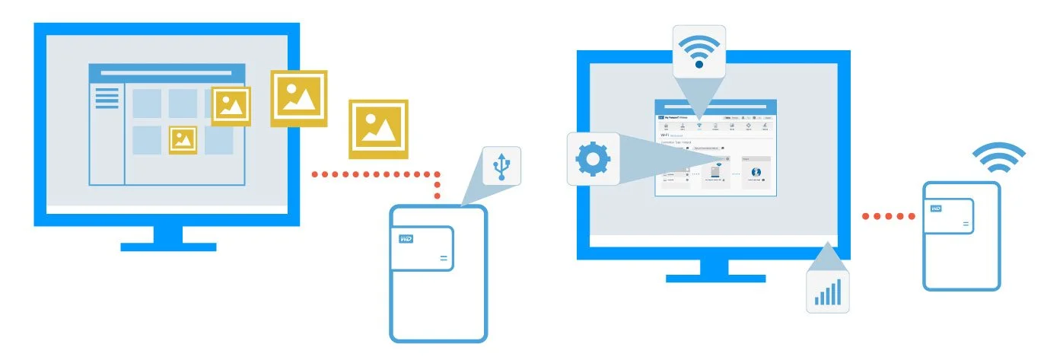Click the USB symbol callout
point(501,167)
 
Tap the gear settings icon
point(593,158)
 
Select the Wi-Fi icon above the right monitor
point(699,50)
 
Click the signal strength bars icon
point(827,292)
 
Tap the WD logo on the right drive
point(936,208)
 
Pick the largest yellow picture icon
point(378,129)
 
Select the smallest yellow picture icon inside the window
point(183,139)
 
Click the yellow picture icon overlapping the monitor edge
point(299,98)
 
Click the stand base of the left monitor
point(168,246)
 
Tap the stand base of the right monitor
point(715,278)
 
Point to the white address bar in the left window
point(167,73)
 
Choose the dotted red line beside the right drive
point(888,217)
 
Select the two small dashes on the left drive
point(444,260)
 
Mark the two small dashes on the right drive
point(966,224)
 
